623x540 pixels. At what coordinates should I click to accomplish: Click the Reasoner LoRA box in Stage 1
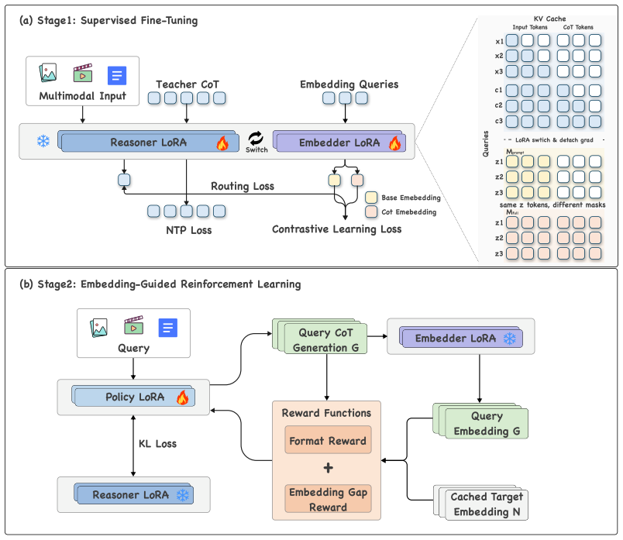click(149, 142)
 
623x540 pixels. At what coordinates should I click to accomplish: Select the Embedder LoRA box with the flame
click(339, 142)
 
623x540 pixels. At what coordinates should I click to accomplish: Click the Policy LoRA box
click(133, 396)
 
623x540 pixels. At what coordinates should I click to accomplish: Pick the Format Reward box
click(328, 440)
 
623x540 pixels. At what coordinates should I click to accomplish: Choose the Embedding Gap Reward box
click(328, 499)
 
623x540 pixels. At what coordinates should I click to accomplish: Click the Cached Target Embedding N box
click(481, 503)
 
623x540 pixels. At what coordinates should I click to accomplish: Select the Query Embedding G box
click(480, 421)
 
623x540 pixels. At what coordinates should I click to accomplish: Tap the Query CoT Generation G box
click(320, 336)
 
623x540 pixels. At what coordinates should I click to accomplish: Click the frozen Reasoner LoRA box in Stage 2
click(133, 494)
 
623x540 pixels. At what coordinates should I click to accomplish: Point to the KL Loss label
click(157, 444)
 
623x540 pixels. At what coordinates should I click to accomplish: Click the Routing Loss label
click(243, 186)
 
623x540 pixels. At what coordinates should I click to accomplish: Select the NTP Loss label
click(189, 230)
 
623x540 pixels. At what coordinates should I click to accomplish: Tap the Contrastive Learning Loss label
click(336, 229)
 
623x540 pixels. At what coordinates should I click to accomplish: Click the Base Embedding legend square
click(371, 198)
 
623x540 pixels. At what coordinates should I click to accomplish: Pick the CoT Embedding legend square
click(371, 212)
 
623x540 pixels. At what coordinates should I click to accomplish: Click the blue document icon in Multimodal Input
click(117, 75)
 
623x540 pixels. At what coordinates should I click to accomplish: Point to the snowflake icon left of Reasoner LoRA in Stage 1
click(43, 141)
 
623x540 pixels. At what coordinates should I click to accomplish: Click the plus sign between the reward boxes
click(329, 468)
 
